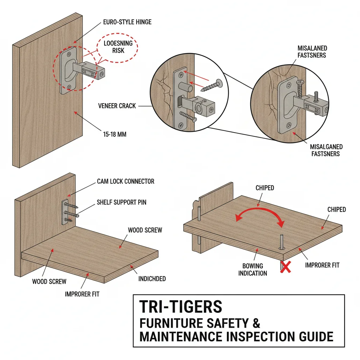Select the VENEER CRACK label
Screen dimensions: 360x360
coord(117,106)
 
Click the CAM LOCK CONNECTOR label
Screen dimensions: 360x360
coord(126,181)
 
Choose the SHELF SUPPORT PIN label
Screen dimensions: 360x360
coord(121,202)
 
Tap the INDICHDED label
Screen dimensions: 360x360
coord(152,279)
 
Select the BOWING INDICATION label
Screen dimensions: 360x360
coord(252,270)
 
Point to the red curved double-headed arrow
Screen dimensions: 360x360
coord(261,211)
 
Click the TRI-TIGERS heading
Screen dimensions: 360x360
coord(181,307)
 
